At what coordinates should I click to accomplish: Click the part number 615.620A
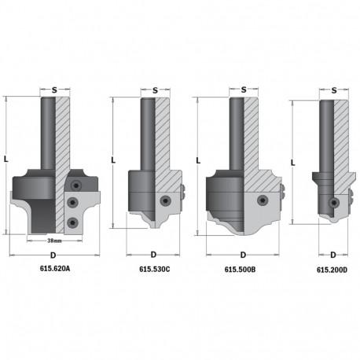click(55, 268)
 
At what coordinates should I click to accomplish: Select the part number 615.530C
click(155, 269)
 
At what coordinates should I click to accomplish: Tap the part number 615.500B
click(240, 270)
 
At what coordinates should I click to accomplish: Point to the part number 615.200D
click(332, 270)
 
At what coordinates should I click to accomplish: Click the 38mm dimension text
click(54, 241)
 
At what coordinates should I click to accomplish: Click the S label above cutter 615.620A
click(54, 90)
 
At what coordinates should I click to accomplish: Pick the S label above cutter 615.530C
click(155, 90)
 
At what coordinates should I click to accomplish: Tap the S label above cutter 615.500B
click(244, 90)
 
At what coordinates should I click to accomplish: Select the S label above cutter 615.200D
click(334, 90)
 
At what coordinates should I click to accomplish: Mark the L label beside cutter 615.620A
click(6, 159)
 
